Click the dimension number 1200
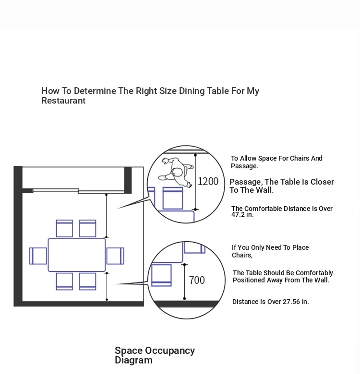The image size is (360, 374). (208, 182)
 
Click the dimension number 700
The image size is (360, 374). (197, 280)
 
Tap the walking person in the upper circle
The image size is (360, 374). (176, 172)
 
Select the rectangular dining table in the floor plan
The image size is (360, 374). (77, 255)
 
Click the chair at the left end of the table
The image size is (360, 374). (38, 256)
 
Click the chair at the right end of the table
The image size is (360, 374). (115, 256)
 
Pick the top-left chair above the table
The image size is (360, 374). (64, 229)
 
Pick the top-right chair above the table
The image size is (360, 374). (88, 229)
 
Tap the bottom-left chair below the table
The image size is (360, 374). (64, 281)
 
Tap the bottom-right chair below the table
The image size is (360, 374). (88, 281)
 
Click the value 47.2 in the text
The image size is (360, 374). (238, 214)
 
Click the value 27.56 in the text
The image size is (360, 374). (291, 302)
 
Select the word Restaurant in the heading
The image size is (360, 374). (63, 101)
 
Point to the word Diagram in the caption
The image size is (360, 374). (134, 360)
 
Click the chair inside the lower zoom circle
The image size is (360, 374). (161, 275)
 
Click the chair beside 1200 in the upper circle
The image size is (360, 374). (173, 198)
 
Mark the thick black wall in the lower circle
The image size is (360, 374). (186, 304)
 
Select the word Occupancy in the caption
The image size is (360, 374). (170, 351)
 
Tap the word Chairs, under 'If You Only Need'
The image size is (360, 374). (242, 255)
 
